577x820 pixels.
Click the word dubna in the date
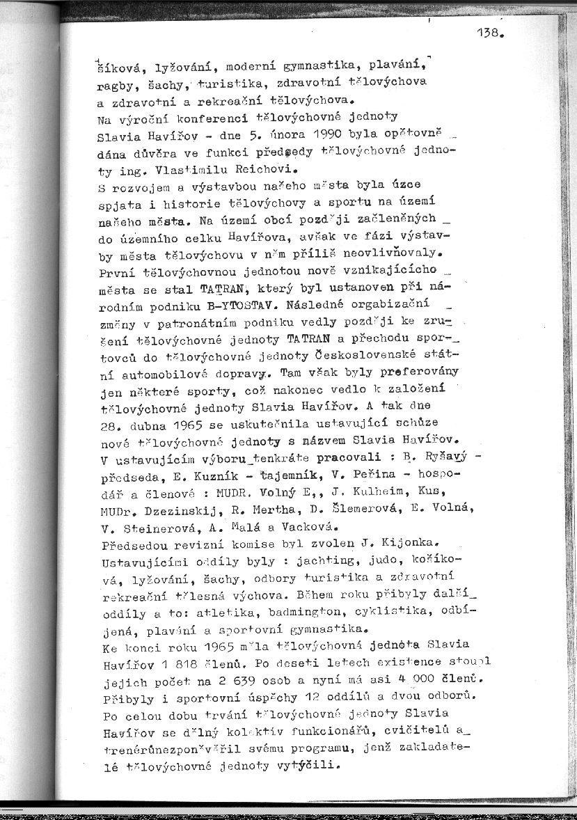click(145, 424)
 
